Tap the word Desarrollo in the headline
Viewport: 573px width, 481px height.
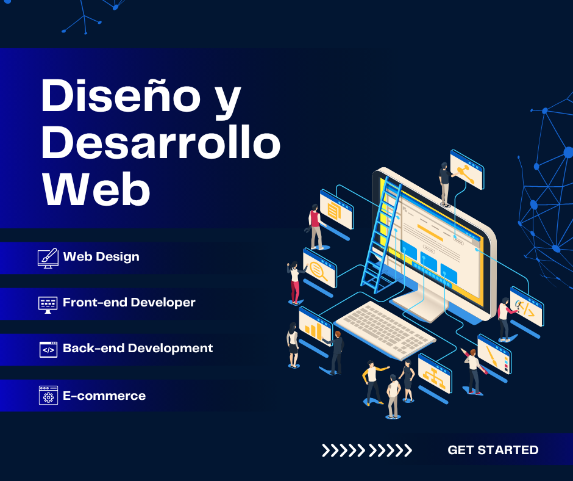coord(161,142)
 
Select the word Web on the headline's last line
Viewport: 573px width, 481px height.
coord(96,188)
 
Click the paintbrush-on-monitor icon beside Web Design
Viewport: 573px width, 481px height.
coord(48,258)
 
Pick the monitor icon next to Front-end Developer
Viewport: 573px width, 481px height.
coord(48,305)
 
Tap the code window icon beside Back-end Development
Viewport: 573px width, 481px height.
coord(48,350)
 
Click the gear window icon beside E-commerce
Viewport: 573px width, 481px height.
coord(48,396)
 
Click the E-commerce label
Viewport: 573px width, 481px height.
coord(104,396)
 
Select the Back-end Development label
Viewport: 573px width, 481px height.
coord(138,348)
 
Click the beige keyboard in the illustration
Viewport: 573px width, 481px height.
coord(385,330)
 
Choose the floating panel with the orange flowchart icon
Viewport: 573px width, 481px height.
coord(435,374)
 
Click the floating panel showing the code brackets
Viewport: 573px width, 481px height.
coord(527,307)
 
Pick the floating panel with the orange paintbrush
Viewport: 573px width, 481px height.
coord(494,355)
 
